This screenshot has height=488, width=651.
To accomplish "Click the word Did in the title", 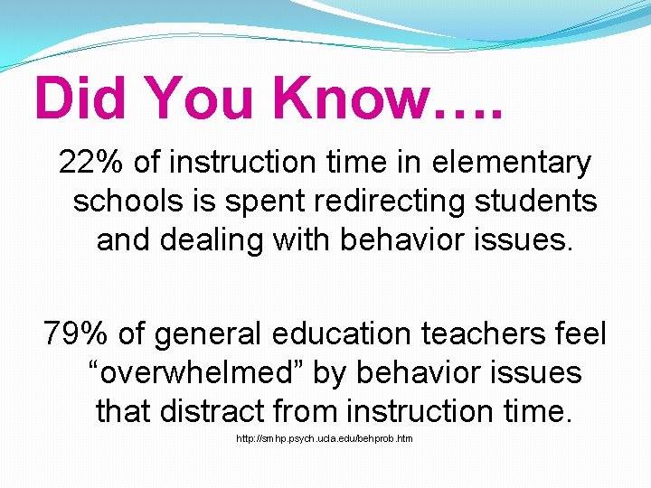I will click(80, 98).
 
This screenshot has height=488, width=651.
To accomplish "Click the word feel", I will click(584, 334).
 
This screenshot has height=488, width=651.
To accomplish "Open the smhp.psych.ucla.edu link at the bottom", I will click(325, 438).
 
